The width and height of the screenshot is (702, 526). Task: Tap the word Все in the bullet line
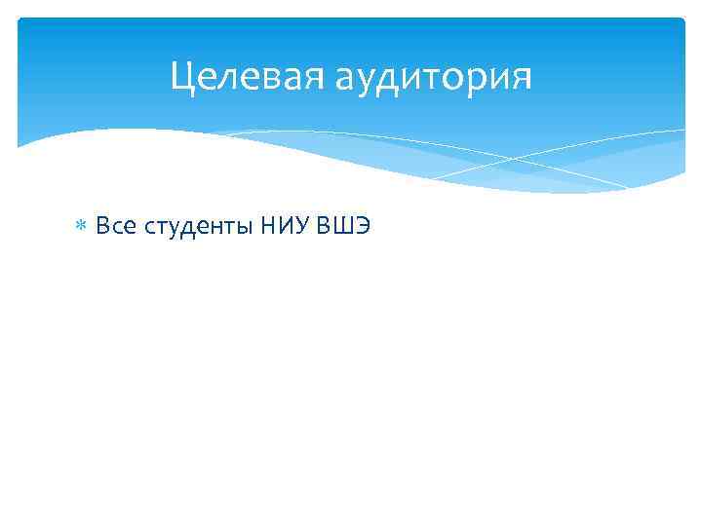coord(116,227)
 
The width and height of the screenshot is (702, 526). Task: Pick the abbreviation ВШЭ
coord(341,227)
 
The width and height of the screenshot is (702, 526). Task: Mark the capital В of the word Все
coord(102,227)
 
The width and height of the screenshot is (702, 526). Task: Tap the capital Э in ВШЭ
coord(361,227)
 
